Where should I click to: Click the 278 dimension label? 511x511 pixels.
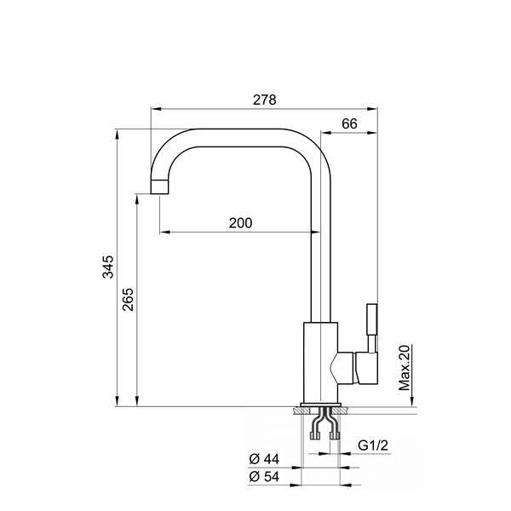pos(264,100)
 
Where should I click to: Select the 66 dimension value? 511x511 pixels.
pos(349,123)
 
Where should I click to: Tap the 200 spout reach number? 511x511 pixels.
pos(240,223)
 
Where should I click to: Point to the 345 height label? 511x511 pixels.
pos(108,267)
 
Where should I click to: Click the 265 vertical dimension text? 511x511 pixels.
pos(128,299)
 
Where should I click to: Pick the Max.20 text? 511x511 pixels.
pos(405,367)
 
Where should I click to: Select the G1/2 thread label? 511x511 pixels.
pos(373,445)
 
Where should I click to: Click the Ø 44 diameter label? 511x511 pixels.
pos(264,459)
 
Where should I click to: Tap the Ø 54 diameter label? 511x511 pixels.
pos(264,477)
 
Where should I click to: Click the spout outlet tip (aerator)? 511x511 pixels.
pos(160,187)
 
